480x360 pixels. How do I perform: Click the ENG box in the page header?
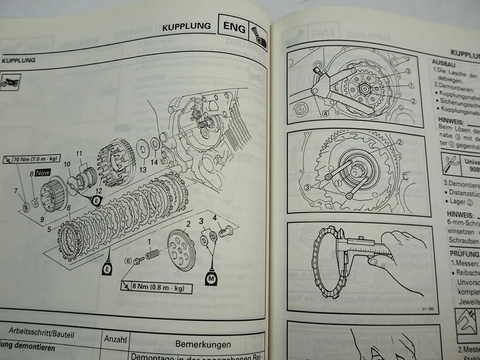pos(234,29)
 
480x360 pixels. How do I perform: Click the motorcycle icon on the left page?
pos(10,82)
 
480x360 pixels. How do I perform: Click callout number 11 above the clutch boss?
pos(79,153)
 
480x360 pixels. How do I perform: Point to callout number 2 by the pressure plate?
pos(187,224)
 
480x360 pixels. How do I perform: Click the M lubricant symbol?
pos(211,280)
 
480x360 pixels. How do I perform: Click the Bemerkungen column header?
pos(203,344)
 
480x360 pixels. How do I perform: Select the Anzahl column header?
pos(115,338)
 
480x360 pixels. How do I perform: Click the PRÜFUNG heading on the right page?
pos(464,254)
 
